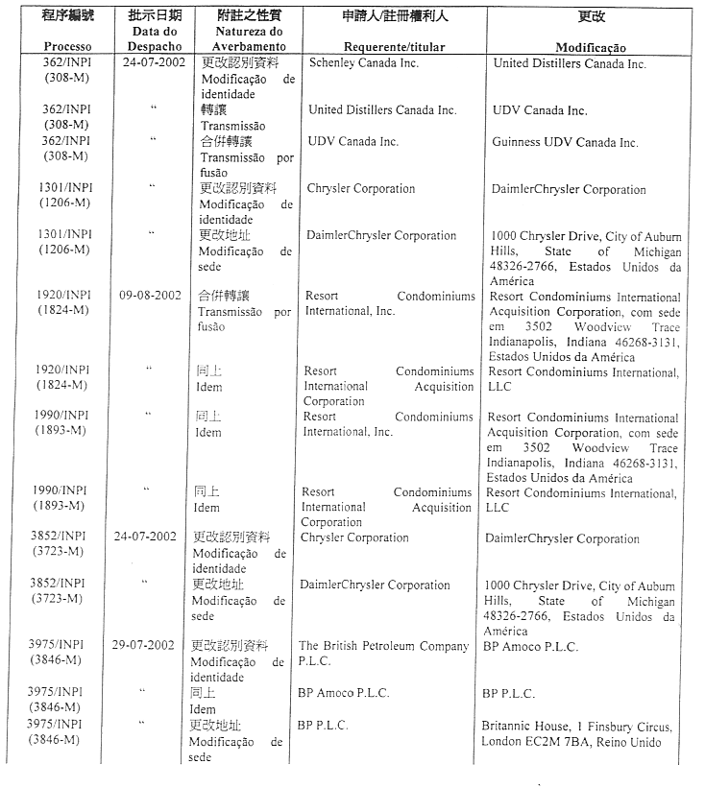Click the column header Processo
(66, 47)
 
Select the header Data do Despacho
(154, 39)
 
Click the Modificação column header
(590, 47)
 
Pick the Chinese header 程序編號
(66, 16)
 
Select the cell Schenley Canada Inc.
(364, 63)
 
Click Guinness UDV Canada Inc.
(565, 142)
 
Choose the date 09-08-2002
(150, 296)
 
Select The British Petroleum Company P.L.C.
(383, 654)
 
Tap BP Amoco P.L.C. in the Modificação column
(531, 647)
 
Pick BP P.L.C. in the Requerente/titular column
(323, 725)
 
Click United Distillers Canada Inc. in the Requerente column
(382, 110)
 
